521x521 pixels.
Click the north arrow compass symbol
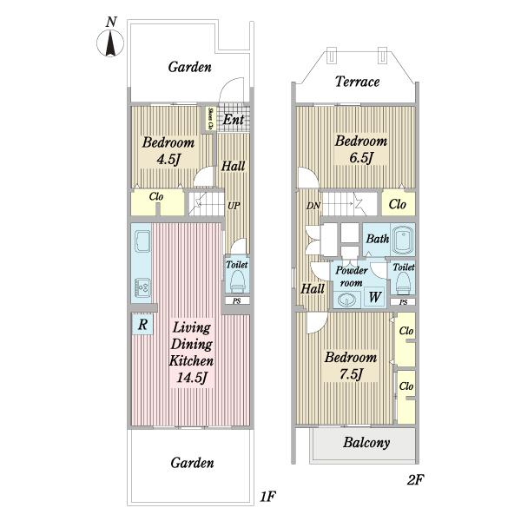click(x=110, y=43)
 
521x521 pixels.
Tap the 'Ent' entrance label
click(x=234, y=120)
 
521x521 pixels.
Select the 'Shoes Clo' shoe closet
click(x=210, y=118)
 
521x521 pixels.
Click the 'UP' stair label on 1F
click(x=234, y=206)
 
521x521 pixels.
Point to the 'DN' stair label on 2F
click(x=313, y=206)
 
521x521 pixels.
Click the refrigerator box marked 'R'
click(x=142, y=324)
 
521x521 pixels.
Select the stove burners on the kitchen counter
click(x=143, y=287)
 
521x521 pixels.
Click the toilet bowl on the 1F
click(x=237, y=280)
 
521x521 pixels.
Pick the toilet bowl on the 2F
click(x=403, y=282)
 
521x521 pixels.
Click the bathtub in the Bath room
click(x=403, y=240)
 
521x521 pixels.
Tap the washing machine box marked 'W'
click(x=375, y=297)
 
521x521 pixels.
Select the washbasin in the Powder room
click(x=346, y=300)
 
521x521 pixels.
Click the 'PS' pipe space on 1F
click(x=236, y=301)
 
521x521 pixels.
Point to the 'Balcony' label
click(x=366, y=443)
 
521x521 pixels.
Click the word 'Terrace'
click(x=357, y=82)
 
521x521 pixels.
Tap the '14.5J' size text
click(x=192, y=378)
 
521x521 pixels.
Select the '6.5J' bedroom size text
click(x=361, y=157)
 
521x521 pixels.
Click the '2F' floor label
click(x=415, y=480)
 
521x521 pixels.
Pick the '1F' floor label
click(x=267, y=497)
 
